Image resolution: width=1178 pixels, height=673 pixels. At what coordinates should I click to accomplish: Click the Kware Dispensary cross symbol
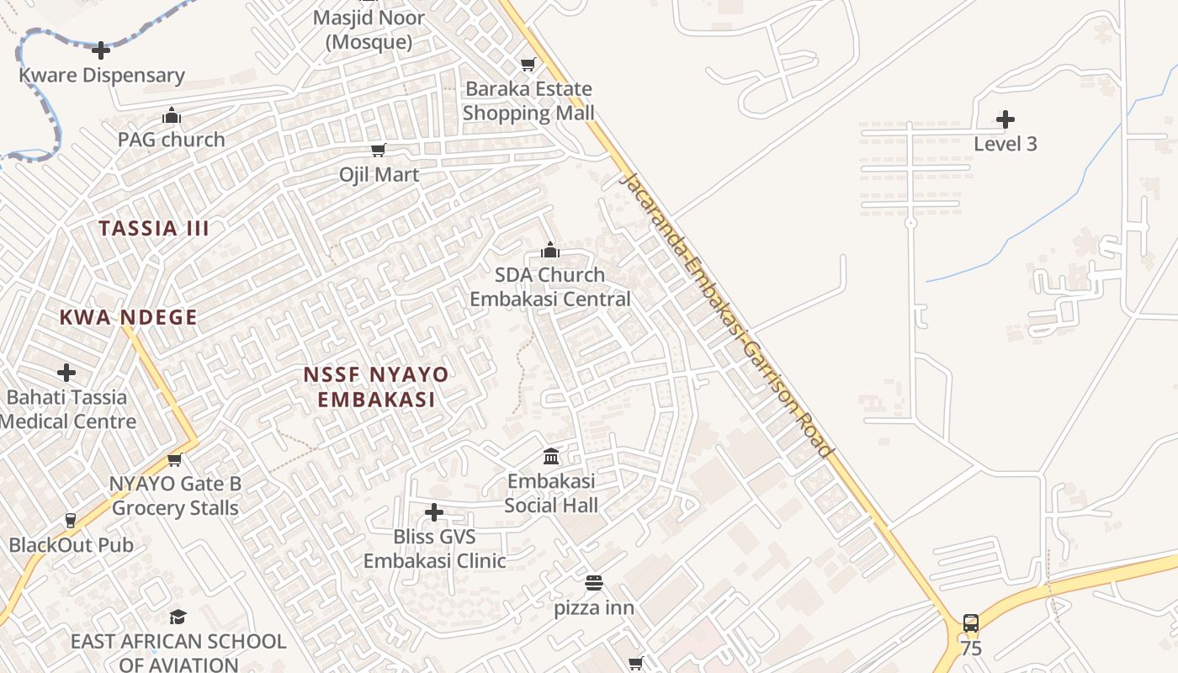point(101,50)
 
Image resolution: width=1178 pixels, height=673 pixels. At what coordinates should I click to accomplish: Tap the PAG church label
point(172,140)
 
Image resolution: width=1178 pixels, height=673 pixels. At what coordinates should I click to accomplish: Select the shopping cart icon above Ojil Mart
point(379,150)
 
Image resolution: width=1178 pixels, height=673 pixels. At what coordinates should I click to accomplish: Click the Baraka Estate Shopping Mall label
point(528,101)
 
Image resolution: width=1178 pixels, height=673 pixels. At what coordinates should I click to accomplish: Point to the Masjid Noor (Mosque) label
point(369,29)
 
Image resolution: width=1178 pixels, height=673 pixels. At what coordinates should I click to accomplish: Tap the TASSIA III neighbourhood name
point(154,228)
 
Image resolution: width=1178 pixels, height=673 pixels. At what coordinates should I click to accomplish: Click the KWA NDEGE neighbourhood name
point(129,317)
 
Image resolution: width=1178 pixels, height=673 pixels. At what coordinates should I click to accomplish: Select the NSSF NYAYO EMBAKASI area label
point(376,387)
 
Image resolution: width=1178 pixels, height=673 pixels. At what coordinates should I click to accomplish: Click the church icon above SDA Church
point(550,250)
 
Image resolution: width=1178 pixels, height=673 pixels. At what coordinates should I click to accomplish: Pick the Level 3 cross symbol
point(1005,119)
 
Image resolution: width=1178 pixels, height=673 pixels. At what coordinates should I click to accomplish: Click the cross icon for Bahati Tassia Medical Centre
point(66,372)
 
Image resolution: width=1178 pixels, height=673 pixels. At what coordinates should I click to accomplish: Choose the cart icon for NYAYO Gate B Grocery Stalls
point(175,459)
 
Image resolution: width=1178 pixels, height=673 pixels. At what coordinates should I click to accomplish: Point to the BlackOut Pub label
point(72,545)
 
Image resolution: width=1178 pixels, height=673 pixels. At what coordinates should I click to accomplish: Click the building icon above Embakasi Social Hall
point(551,456)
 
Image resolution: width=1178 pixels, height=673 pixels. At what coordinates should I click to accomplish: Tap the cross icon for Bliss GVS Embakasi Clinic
point(434,511)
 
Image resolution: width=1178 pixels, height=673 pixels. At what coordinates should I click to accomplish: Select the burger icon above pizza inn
point(594,582)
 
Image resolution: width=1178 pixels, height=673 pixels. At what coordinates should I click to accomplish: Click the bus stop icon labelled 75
point(970,623)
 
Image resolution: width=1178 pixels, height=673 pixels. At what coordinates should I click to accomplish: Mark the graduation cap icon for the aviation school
point(178,617)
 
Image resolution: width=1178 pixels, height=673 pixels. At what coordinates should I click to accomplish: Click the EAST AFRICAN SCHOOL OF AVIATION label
point(178,653)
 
